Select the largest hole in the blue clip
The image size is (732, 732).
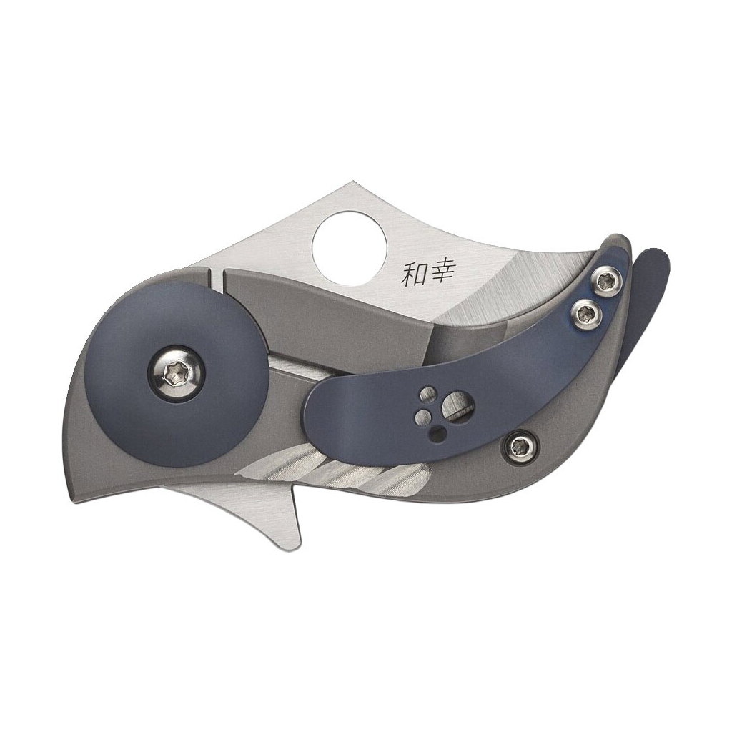[457, 408]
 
